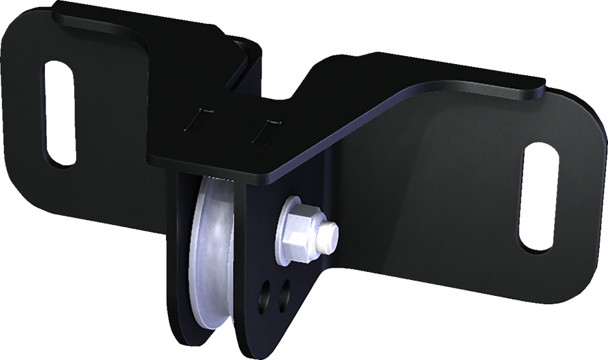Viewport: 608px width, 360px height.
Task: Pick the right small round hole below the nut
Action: [x=284, y=293]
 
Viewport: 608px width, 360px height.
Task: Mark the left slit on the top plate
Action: [x=198, y=118]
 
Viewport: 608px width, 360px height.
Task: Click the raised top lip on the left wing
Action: [x=101, y=19]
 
